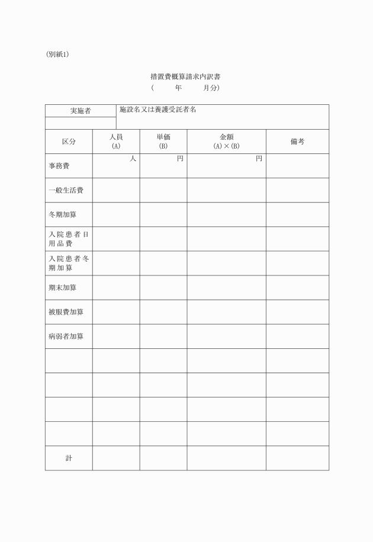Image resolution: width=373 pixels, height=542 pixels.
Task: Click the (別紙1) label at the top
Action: pos(57,54)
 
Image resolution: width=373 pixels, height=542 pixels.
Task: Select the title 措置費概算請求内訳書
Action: pos(186,77)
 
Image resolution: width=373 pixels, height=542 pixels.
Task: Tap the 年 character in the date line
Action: pos(178,88)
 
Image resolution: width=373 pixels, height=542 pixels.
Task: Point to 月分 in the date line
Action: pos(210,88)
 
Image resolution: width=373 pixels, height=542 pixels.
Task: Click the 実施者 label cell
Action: pos(81,111)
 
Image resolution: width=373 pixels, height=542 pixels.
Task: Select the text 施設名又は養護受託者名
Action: pos(157,110)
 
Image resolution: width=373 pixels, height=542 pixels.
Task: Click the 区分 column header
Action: pos(69,142)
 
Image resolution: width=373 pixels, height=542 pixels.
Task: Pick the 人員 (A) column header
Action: pos(116,142)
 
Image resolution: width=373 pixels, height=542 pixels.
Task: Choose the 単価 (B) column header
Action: pos(163,142)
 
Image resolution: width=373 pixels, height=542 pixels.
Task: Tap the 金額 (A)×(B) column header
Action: pos(226,142)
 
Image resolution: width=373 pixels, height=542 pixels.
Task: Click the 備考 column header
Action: pos(297,142)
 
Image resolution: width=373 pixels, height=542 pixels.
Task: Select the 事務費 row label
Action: pos(59,166)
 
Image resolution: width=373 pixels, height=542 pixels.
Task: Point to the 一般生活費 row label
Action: pos(66,191)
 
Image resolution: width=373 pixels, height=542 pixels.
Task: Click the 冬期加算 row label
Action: pos(62,215)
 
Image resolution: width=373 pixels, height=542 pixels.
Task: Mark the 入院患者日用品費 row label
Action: pos(69,239)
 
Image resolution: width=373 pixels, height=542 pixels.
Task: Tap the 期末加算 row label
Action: pos(62,288)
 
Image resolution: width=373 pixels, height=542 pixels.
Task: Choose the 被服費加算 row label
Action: pos(66,312)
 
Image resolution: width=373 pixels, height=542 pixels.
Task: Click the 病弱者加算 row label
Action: pos(66,336)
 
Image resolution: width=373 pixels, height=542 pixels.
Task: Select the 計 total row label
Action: pos(69,458)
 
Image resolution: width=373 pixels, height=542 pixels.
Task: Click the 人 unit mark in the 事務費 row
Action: pos(133,159)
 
